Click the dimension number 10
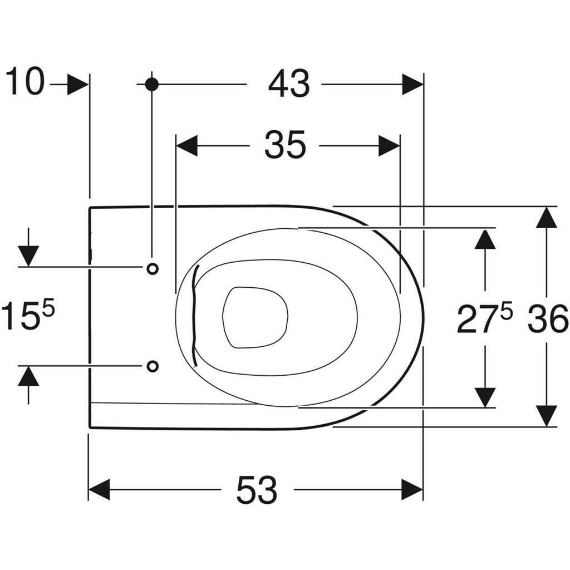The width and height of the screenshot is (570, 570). [x=25, y=81]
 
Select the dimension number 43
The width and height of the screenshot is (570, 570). [x=289, y=84]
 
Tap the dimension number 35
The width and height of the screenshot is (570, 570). [x=286, y=145]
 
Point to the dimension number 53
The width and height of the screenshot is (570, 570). [x=257, y=490]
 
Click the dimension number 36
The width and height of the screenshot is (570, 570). [x=548, y=319]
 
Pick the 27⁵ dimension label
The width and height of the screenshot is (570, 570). [x=484, y=318]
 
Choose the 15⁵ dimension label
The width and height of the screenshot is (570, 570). [x=28, y=315]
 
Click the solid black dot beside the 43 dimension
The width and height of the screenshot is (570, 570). [x=151, y=85]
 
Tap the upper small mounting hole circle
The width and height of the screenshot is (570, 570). [x=153, y=269]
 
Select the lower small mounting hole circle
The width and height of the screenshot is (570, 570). [x=153, y=366]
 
